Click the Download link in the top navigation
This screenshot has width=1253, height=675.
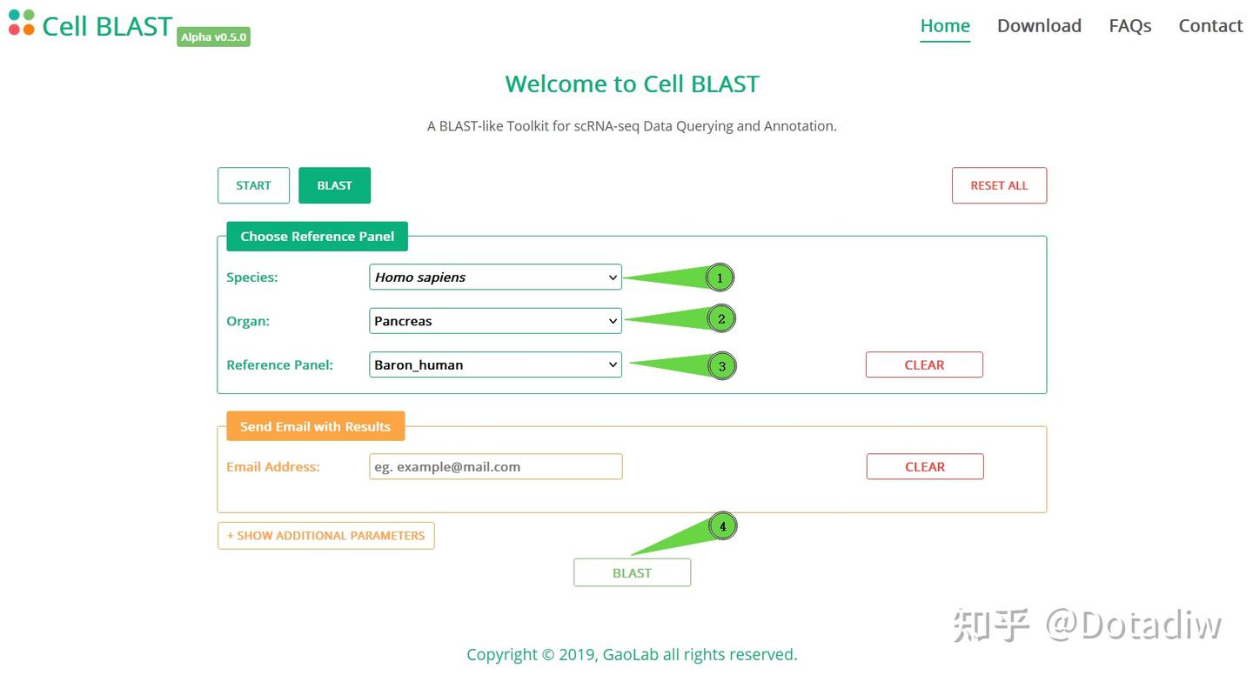tap(1039, 26)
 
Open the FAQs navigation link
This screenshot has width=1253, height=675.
tap(1129, 26)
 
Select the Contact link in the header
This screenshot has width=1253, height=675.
tap(1210, 26)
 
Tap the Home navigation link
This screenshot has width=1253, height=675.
tap(945, 26)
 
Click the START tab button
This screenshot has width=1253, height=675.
tap(253, 185)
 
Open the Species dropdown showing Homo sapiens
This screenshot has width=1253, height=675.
tap(495, 277)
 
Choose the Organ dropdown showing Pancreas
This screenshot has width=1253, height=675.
tap(495, 321)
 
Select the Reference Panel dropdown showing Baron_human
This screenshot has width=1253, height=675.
tap(495, 364)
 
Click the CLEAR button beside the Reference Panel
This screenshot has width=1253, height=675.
tap(924, 365)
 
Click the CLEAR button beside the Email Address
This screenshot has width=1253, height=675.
tap(925, 467)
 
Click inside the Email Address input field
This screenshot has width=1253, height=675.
tap(495, 467)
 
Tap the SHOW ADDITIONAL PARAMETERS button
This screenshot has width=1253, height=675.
tap(325, 536)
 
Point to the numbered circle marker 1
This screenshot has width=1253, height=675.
tap(720, 278)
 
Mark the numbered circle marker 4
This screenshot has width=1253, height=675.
tap(722, 526)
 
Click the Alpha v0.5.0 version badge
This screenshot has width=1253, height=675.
tap(213, 37)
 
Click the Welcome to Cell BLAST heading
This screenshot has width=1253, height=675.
tap(632, 84)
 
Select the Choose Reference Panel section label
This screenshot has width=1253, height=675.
tap(317, 237)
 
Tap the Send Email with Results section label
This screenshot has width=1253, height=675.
tap(315, 426)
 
